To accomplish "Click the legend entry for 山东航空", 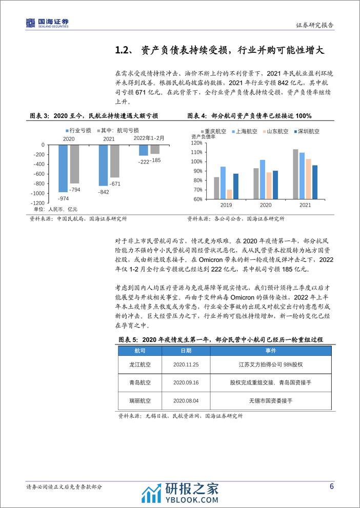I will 275,131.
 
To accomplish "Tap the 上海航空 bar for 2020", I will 263,179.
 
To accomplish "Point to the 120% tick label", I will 197,143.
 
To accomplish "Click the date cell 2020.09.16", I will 186,382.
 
